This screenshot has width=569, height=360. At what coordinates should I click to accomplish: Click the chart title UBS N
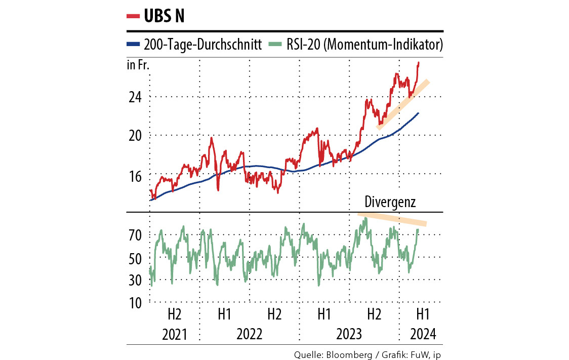(164, 16)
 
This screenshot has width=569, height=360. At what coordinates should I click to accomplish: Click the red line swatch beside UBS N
(133, 16)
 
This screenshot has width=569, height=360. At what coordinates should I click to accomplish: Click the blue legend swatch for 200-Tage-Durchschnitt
(133, 45)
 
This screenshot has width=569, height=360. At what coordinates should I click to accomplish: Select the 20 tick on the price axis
(134, 136)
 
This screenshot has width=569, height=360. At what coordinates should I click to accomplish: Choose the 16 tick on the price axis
(134, 175)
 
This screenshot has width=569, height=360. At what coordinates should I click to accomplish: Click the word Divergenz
(390, 203)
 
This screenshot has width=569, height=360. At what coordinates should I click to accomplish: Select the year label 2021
(174, 335)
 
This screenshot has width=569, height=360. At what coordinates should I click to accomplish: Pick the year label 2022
(249, 335)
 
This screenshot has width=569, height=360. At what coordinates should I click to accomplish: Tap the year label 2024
(423, 335)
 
